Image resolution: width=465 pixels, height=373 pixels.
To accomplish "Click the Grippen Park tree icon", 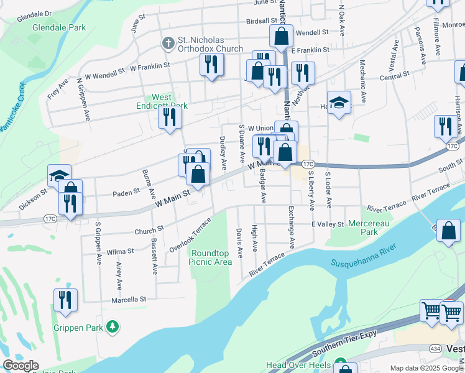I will coord(113,326).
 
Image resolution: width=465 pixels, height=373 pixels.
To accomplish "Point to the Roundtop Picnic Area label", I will coord(211,257).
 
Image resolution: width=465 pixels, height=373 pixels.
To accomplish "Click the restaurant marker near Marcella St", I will coord(65,300).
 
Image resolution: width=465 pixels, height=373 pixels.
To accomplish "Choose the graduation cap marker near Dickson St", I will coord(60,175).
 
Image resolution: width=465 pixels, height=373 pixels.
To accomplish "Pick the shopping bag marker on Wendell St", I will coord(281,36).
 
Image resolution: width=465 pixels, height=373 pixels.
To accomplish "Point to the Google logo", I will coord(21,366).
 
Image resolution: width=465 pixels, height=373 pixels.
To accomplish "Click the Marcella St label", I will coord(129,299).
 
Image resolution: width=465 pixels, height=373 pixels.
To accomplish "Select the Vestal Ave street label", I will coord(393,56).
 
